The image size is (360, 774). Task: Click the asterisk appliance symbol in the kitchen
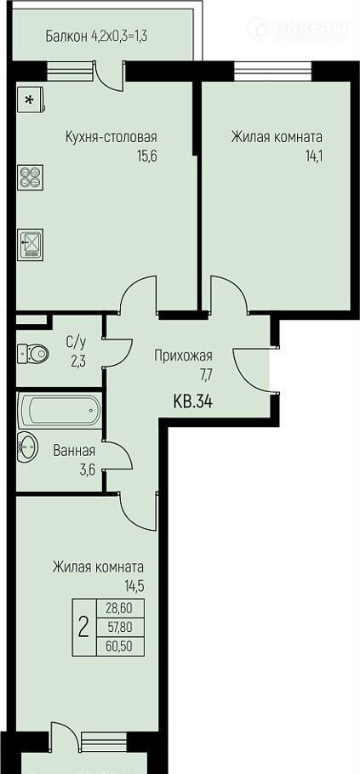(x=30, y=100)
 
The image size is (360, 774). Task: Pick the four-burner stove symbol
(x=31, y=177)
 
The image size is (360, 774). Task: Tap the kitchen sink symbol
(x=30, y=245)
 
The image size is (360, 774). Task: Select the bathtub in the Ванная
(x=60, y=410)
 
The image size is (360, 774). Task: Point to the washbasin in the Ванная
(x=26, y=447)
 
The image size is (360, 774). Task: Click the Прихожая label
(x=183, y=356)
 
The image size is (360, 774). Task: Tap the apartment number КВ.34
(x=193, y=402)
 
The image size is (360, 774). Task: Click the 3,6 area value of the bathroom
(x=87, y=469)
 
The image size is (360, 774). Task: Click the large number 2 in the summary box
(x=84, y=627)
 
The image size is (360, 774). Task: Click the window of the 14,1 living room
(x=273, y=71)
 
